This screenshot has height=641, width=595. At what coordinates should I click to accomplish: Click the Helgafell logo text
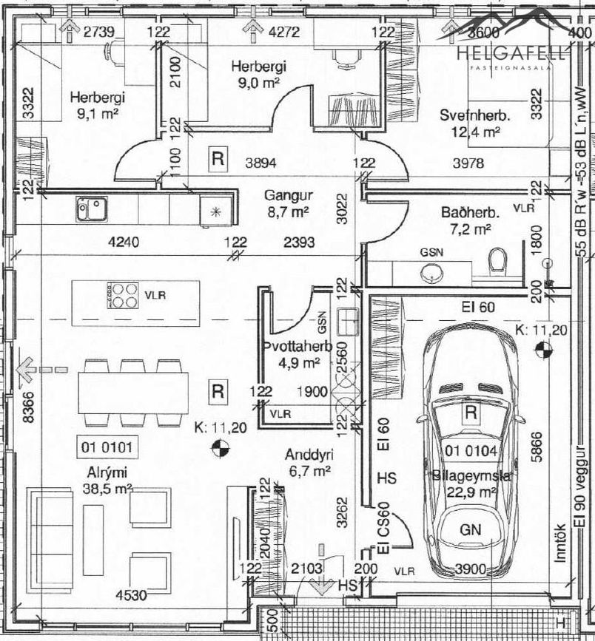pos(511,53)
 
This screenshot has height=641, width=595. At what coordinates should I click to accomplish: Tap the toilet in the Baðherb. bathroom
pos(497,260)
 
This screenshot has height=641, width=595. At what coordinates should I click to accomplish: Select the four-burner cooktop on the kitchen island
pos(124,295)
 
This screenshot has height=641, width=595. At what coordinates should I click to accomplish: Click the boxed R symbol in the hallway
pos(218,158)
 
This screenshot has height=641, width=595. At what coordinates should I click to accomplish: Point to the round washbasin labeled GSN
pos(431,271)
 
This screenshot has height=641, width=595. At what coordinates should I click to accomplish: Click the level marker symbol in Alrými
pos(219,445)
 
